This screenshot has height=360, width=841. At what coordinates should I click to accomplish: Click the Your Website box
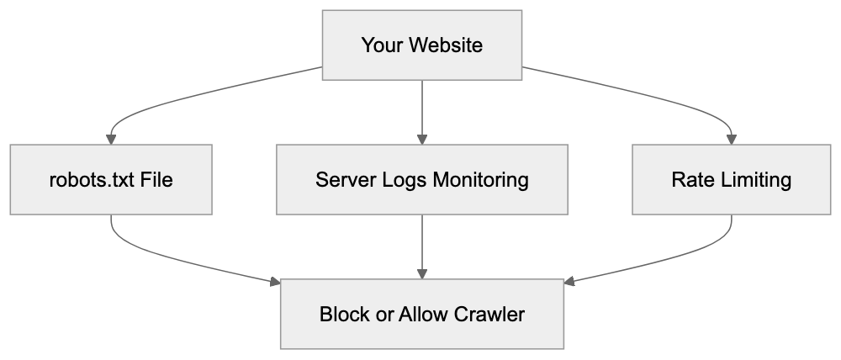click(421, 45)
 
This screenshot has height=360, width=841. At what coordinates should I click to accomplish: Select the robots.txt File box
click(110, 179)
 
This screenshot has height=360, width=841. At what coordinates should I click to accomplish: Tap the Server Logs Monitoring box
click(421, 179)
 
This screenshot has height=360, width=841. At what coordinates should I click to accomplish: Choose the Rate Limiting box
click(731, 179)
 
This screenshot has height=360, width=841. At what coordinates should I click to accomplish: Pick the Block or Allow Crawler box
click(421, 315)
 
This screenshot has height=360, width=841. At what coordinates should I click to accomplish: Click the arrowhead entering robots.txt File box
click(110, 140)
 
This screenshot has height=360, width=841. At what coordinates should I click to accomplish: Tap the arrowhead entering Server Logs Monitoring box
click(421, 140)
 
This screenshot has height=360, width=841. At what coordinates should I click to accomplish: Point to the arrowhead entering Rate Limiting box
click(731, 140)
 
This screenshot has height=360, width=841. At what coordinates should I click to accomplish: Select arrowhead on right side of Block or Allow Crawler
click(569, 283)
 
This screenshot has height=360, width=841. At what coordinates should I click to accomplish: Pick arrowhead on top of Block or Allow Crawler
click(421, 275)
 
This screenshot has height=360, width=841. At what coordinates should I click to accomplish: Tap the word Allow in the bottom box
click(423, 315)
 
